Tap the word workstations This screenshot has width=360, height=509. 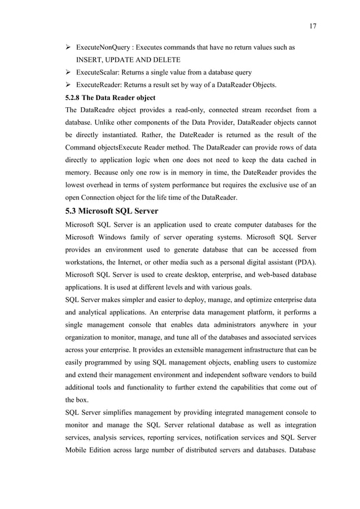(88, 264)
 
